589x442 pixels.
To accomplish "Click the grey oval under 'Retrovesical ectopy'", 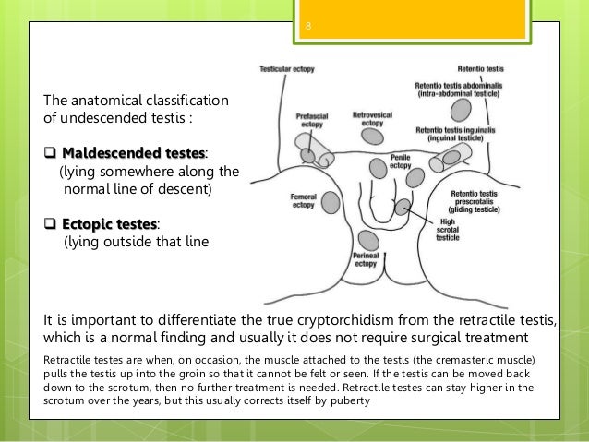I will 373,137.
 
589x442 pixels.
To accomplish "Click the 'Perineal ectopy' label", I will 365,260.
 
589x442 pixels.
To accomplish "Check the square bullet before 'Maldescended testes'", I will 49,151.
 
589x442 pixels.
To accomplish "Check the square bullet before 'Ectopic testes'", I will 49,223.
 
